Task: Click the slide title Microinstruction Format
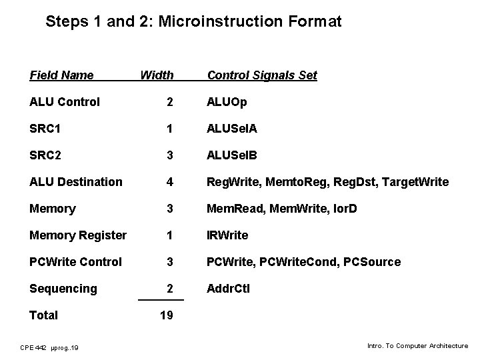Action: [x=193, y=21]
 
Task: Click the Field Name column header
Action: [x=62, y=75]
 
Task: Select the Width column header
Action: [x=157, y=75]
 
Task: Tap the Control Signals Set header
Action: [x=262, y=75]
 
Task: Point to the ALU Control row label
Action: [x=65, y=102]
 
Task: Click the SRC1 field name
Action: [x=45, y=129]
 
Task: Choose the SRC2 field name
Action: [x=45, y=155]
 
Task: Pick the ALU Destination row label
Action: [x=76, y=182]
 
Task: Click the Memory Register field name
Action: [x=78, y=235]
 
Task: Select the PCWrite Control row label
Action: [x=76, y=262]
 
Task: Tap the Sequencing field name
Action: [x=63, y=289]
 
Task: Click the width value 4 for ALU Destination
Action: [x=171, y=182]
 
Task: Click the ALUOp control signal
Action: [x=227, y=102]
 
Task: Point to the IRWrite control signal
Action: [x=228, y=235]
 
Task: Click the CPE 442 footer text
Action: [x=49, y=347]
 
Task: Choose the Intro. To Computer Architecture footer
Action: [x=418, y=346]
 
